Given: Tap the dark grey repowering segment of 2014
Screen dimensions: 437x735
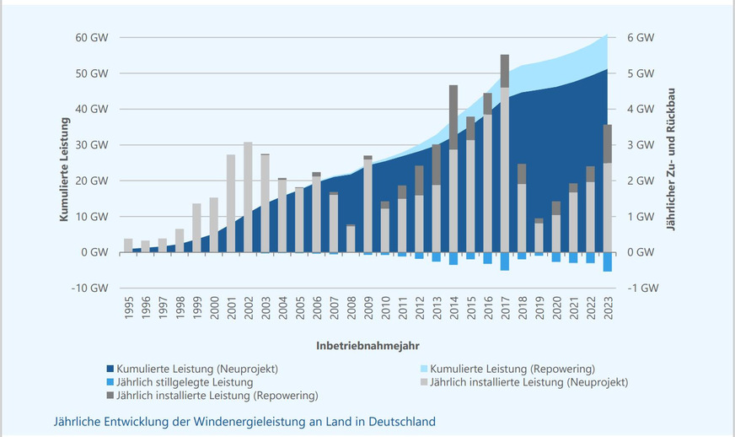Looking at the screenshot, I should pos(453,117).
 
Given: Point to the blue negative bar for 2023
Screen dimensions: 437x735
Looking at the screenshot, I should pos(608,262).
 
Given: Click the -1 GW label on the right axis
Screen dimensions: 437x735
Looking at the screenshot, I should pos(641,288).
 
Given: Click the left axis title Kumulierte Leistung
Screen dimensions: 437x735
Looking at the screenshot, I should pos(64,169).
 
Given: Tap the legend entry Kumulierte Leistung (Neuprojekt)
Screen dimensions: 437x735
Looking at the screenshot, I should pos(199,370).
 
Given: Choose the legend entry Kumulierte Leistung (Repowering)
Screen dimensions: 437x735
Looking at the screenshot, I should pos(511,370).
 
